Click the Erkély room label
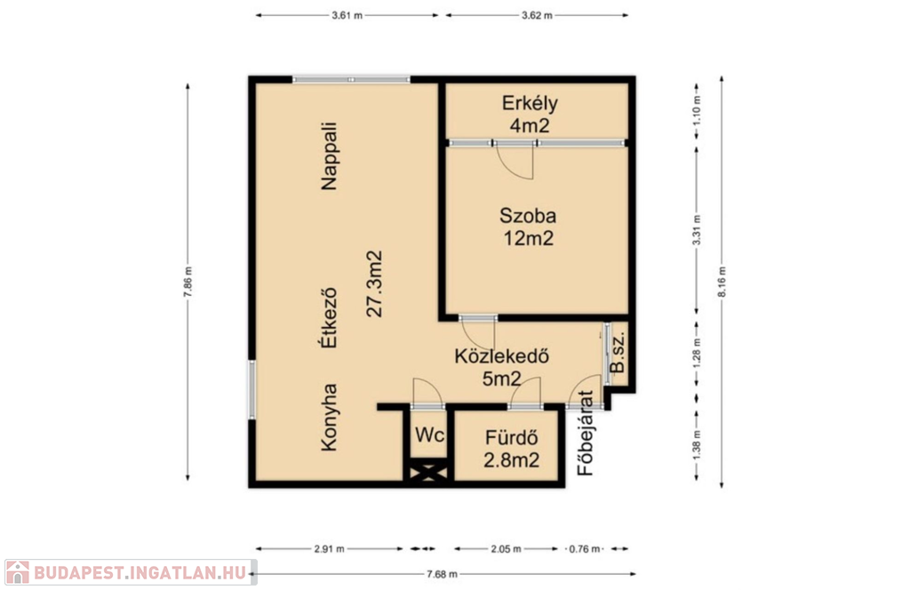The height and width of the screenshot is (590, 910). tap(530, 114)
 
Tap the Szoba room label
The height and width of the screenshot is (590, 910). tap(528, 227)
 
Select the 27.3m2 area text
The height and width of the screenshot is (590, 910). tap(375, 283)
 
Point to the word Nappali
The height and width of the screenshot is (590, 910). tap(329, 155)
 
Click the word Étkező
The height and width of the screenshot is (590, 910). tap(329, 317)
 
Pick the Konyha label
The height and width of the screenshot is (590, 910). tap(329, 417)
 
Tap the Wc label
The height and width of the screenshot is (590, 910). tap(430, 435)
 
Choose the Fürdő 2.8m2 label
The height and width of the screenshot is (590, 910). tap(511, 448)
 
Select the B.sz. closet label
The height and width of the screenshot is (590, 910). tap(618, 352)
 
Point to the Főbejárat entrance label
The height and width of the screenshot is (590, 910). tap(586, 433)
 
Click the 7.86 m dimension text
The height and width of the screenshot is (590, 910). tap(188, 282)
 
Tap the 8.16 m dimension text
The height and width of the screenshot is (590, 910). tap(722, 282)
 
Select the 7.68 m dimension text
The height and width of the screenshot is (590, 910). tap(443, 574)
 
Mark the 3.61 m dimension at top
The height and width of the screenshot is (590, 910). tap(347, 16)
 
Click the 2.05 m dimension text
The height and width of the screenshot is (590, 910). tap(506, 549)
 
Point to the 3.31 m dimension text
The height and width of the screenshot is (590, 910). tap(697, 230)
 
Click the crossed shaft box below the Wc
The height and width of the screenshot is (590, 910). tap(429, 470)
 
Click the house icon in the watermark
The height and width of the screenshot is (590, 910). tap(18, 572)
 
